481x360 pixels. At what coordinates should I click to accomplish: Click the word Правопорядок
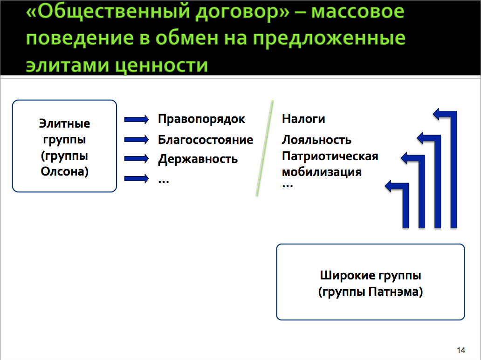tap(201, 119)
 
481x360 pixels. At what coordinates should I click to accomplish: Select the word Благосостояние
tap(206, 140)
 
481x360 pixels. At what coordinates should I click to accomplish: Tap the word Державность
tap(198, 159)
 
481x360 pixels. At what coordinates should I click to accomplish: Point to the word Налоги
tap(303, 119)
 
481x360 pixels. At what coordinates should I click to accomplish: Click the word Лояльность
tap(316, 140)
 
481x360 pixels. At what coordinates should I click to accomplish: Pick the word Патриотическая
tap(330, 156)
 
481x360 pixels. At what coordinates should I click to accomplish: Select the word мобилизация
tap(322, 172)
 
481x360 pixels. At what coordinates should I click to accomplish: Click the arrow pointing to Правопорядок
tap(137, 119)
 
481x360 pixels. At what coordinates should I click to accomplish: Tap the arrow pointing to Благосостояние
tap(137, 140)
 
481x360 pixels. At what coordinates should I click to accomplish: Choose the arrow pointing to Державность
tap(137, 158)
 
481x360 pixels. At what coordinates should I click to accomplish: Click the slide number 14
tap(461, 350)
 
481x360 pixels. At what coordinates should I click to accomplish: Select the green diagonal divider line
tap(264, 148)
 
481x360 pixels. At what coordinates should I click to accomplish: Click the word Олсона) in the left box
tap(64, 171)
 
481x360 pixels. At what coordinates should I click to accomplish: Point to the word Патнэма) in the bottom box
tap(395, 292)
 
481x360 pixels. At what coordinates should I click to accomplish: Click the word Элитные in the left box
tap(64, 123)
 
